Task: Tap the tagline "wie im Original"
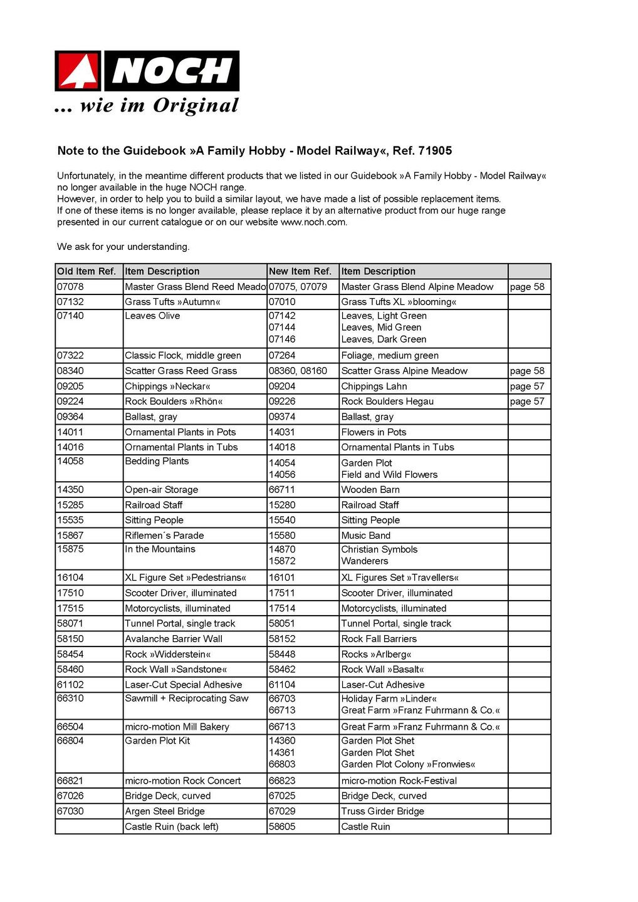tap(159, 105)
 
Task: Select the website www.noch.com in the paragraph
tap(313, 222)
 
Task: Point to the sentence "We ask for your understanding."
tap(123, 247)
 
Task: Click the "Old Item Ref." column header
tap(86, 271)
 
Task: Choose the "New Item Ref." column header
tap(300, 271)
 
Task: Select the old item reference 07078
tap(70, 287)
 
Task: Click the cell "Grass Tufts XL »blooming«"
tap(399, 302)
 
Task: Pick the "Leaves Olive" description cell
tap(152, 316)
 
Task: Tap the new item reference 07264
tap(282, 356)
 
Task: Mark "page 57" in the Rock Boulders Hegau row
tap(527, 402)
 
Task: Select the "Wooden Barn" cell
tap(370, 490)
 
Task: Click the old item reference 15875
tap(70, 549)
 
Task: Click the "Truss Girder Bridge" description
tap(382, 811)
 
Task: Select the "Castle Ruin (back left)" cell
tap(172, 827)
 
